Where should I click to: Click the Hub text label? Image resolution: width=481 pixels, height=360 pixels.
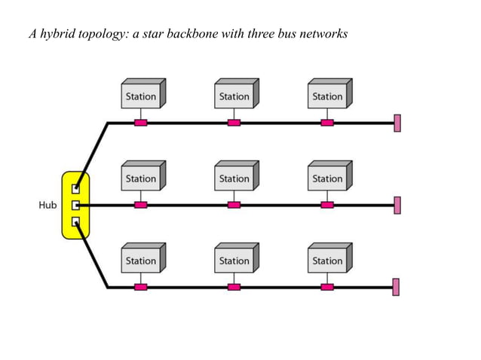pos(47,205)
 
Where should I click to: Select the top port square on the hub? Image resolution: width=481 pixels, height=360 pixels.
pos(75,188)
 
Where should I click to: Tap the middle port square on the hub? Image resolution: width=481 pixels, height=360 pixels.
pos(75,205)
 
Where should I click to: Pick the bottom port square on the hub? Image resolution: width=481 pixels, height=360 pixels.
pos(75,221)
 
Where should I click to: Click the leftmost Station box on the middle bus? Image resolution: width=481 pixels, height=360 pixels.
pos(142,178)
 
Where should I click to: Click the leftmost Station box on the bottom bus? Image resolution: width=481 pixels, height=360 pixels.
pos(142,260)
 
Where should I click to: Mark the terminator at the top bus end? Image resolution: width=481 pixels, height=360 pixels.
pos(397,123)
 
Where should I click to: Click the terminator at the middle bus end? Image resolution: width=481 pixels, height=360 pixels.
pos(397,205)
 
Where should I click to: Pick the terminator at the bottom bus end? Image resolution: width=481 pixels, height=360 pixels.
pos(397,287)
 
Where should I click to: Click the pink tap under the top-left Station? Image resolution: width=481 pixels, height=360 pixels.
pos(140,123)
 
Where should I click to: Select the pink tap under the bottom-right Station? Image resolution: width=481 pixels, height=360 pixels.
pos(327,287)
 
